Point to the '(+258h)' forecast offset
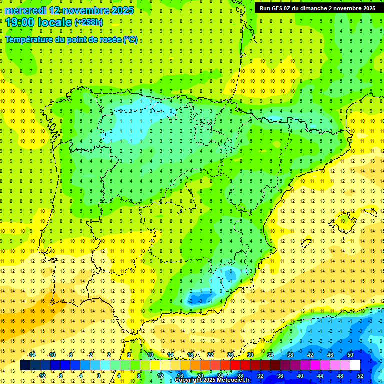coord(88,22)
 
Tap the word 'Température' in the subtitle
coord(30,39)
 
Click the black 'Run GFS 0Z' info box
coord(317,8)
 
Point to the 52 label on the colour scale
coord(360,375)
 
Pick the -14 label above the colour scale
coord(31,355)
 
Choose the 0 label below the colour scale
coord(98,375)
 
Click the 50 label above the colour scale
coord(350,355)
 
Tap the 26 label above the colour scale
coord(230,355)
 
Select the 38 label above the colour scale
coord(290,355)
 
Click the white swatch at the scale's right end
coord(355,365)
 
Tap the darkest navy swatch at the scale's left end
coord(25,365)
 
